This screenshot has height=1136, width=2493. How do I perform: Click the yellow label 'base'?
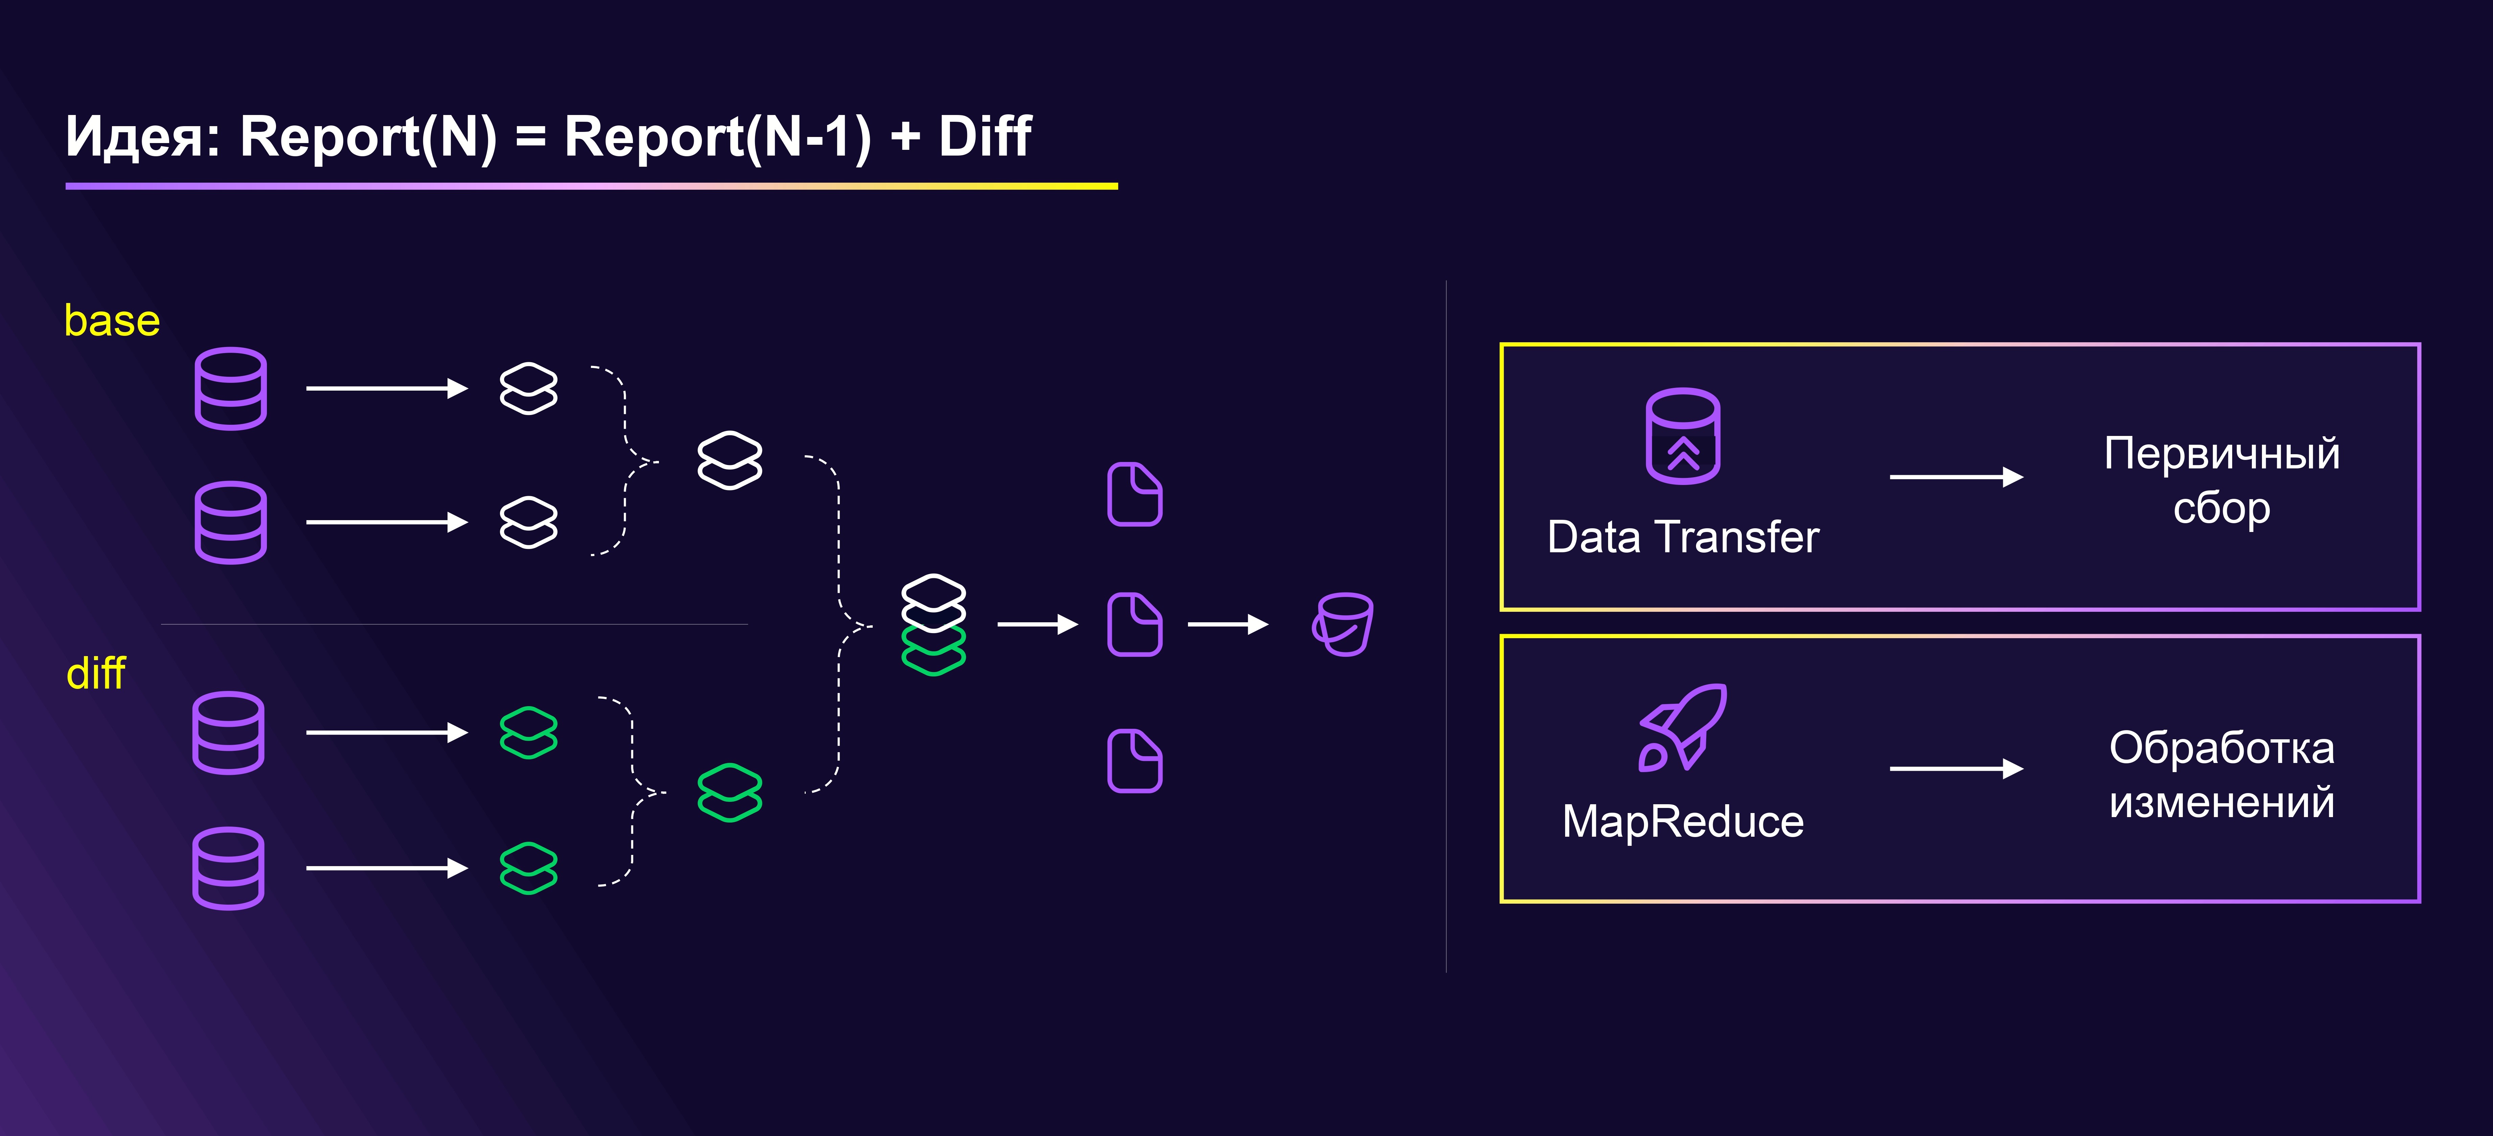click(x=111, y=320)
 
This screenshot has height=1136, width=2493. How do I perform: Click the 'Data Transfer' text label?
click(x=1683, y=537)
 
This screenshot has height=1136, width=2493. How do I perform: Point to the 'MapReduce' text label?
click(x=1683, y=821)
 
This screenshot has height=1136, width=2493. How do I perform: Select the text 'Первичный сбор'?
click(x=2221, y=481)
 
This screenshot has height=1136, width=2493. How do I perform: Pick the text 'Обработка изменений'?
click(x=2221, y=775)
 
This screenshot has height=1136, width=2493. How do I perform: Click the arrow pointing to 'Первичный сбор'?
click(x=1956, y=477)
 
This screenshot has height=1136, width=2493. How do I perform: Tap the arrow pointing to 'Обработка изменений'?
click(x=1956, y=769)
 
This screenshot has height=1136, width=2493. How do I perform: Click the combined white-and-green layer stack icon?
click(x=933, y=624)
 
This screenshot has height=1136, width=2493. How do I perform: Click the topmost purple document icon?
click(x=1134, y=494)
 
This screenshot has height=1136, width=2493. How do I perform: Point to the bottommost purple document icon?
click(x=1134, y=762)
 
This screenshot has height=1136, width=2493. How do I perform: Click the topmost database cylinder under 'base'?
click(x=230, y=388)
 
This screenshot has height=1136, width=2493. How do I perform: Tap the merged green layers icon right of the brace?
click(x=730, y=792)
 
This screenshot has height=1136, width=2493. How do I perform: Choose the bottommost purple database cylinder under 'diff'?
click(x=228, y=868)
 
